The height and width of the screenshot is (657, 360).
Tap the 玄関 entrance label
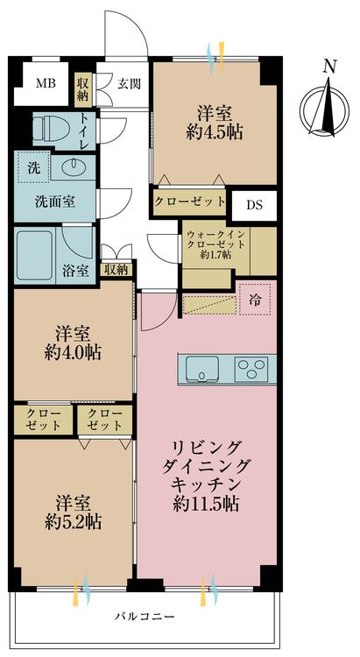[129, 84]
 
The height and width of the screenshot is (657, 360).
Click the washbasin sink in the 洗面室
[74, 167]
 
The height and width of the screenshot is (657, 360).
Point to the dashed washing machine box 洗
[34, 166]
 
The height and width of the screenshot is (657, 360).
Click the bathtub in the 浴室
[35, 255]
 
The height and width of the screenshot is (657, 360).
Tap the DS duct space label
[254, 205]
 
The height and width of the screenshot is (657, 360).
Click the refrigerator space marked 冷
[255, 300]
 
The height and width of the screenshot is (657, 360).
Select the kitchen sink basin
[202, 369]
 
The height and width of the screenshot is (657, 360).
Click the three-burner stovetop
[251, 369]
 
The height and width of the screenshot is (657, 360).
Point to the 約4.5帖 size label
[215, 132]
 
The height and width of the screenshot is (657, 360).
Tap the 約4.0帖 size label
[73, 352]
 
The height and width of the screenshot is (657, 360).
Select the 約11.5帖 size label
[206, 504]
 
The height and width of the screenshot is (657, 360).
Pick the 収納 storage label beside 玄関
[82, 88]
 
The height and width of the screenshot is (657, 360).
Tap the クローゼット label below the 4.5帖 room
[189, 202]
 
